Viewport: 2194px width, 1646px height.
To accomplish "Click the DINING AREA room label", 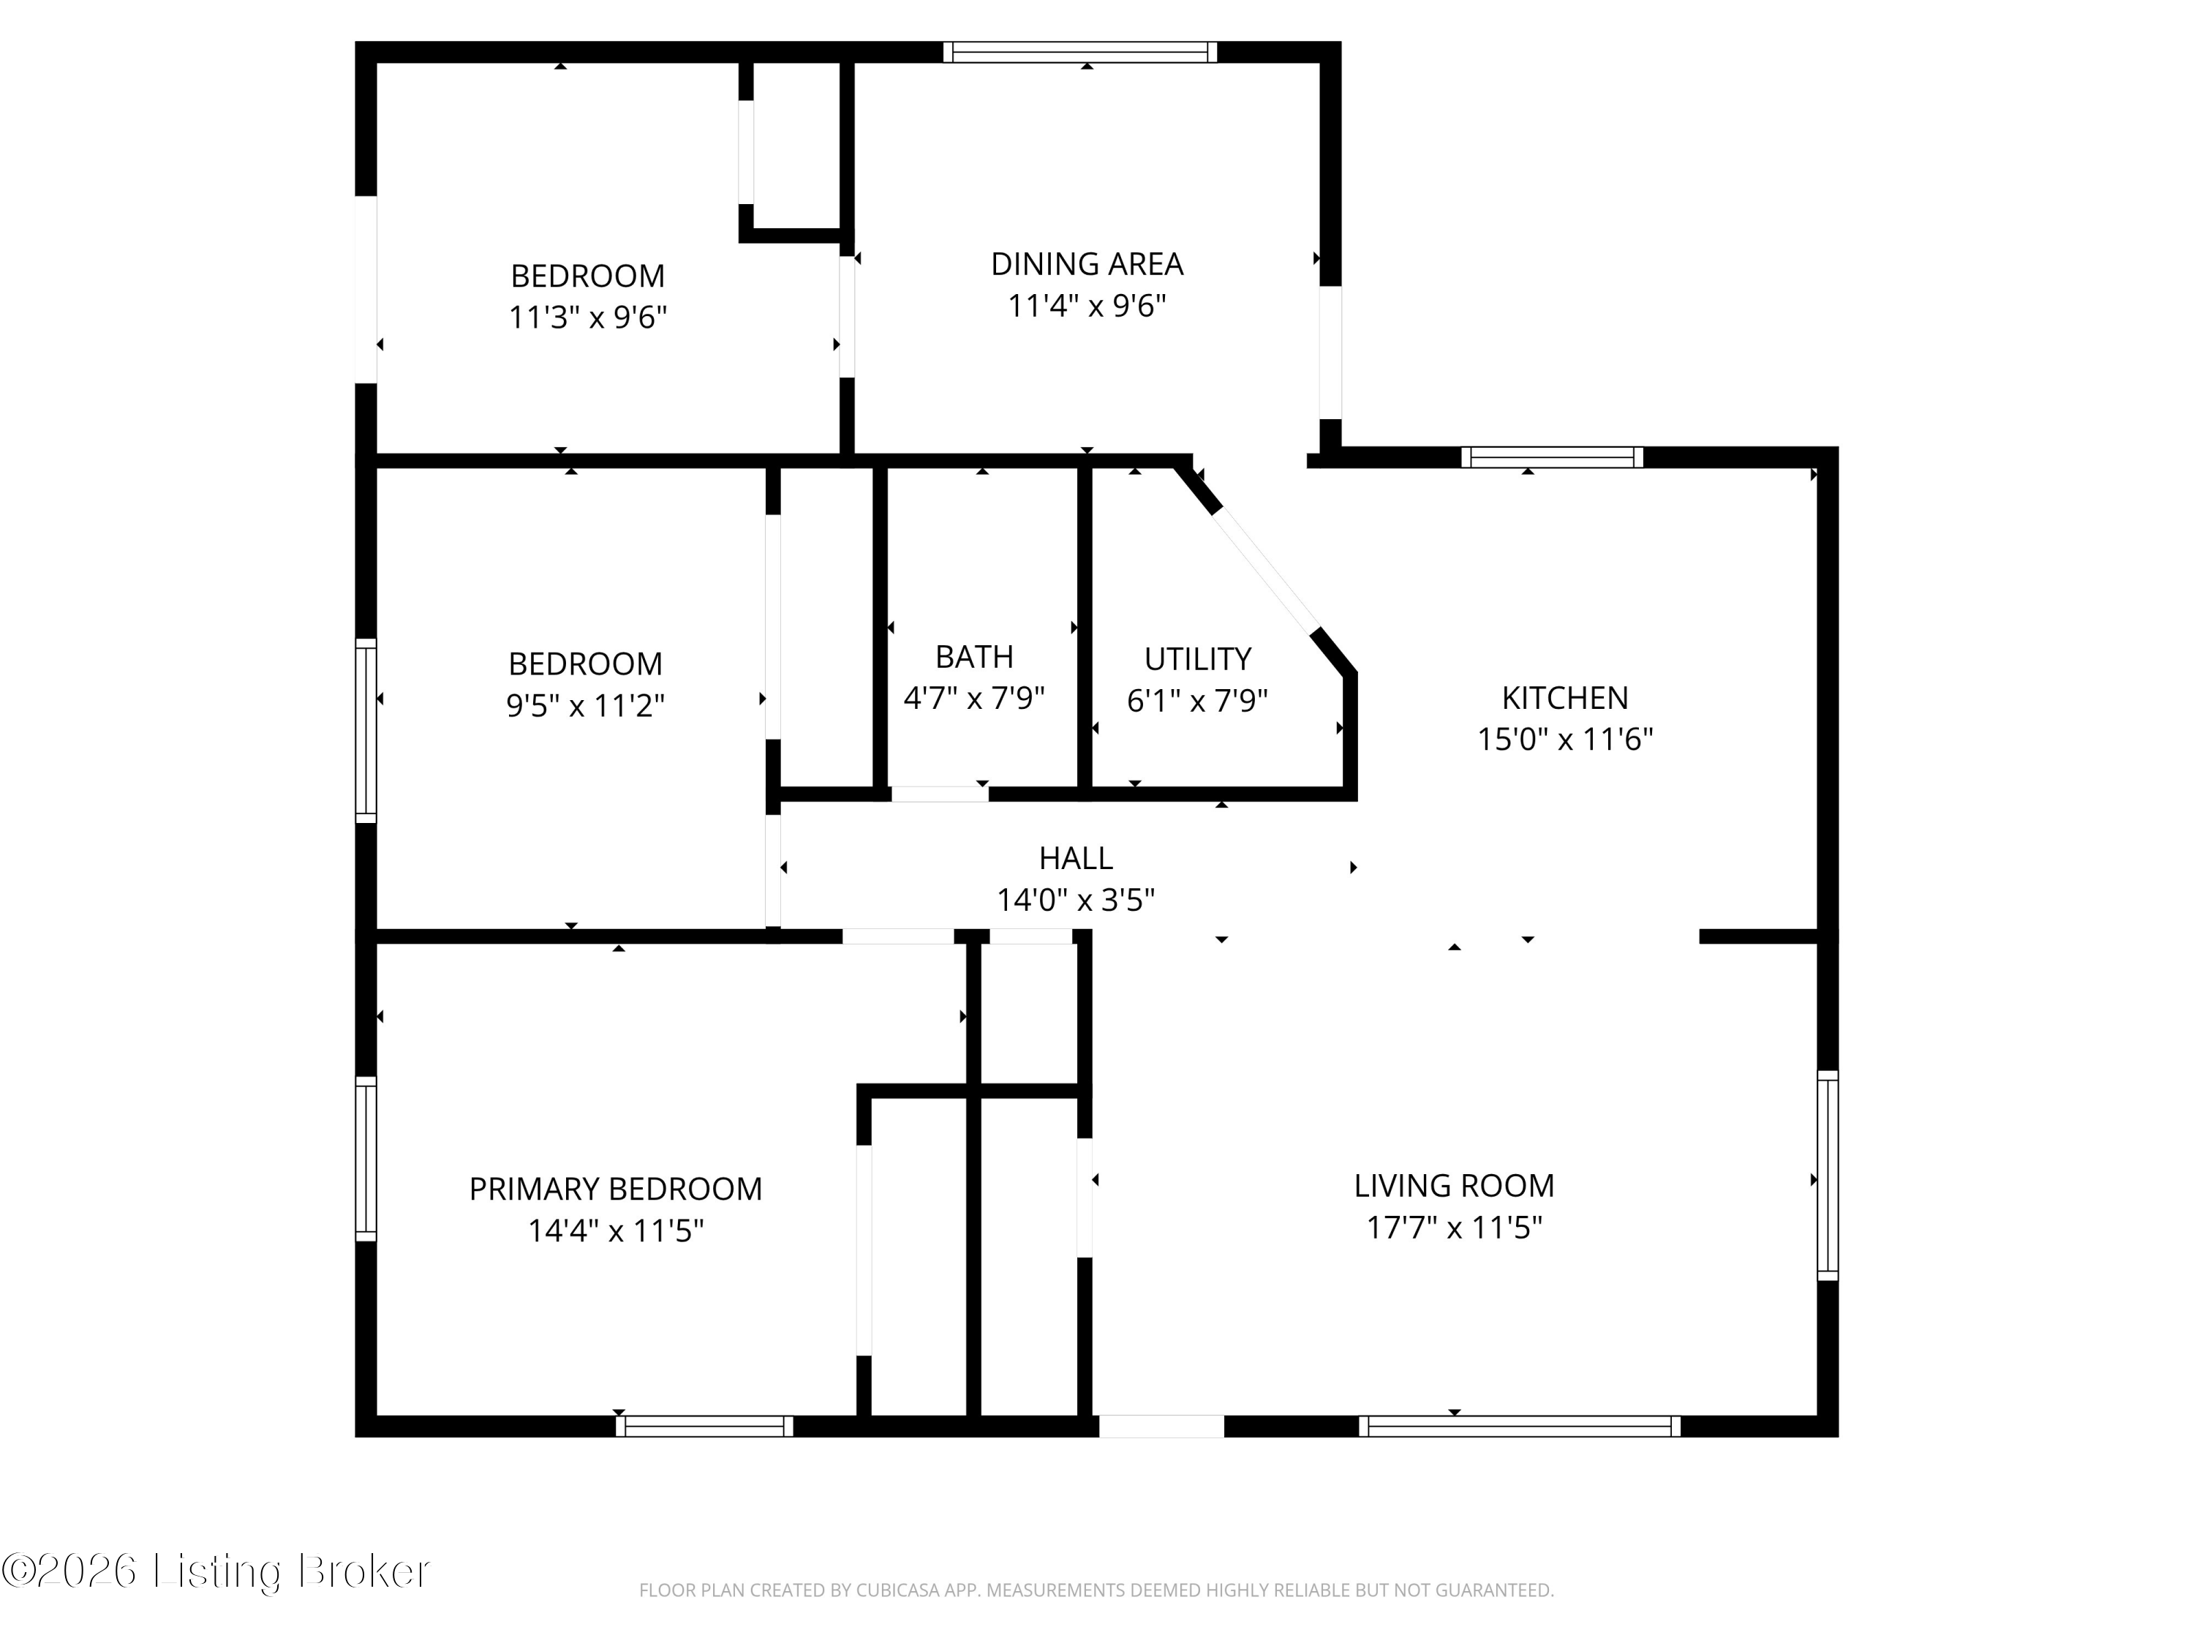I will [x=1086, y=264].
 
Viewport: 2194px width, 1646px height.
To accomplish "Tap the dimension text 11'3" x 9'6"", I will [x=587, y=317].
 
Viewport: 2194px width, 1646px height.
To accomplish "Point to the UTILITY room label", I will [x=1197, y=659].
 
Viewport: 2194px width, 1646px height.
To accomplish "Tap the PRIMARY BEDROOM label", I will [x=615, y=1189].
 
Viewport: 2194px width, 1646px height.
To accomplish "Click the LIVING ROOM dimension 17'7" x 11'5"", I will [x=1453, y=1228].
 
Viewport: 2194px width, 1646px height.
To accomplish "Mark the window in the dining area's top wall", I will [x=1079, y=53].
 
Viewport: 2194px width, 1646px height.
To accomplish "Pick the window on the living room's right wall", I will [x=1827, y=1176].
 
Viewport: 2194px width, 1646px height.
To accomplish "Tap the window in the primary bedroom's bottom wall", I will [x=704, y=1427].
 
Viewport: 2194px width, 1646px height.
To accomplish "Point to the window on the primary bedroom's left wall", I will [x=366, y=1159].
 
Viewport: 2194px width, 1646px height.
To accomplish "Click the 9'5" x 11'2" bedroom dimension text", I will [x=585, y=705].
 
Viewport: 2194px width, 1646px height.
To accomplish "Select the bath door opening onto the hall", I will [x=939, y=794].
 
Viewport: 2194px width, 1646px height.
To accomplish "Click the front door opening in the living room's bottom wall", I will [x=1161, y=1427].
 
